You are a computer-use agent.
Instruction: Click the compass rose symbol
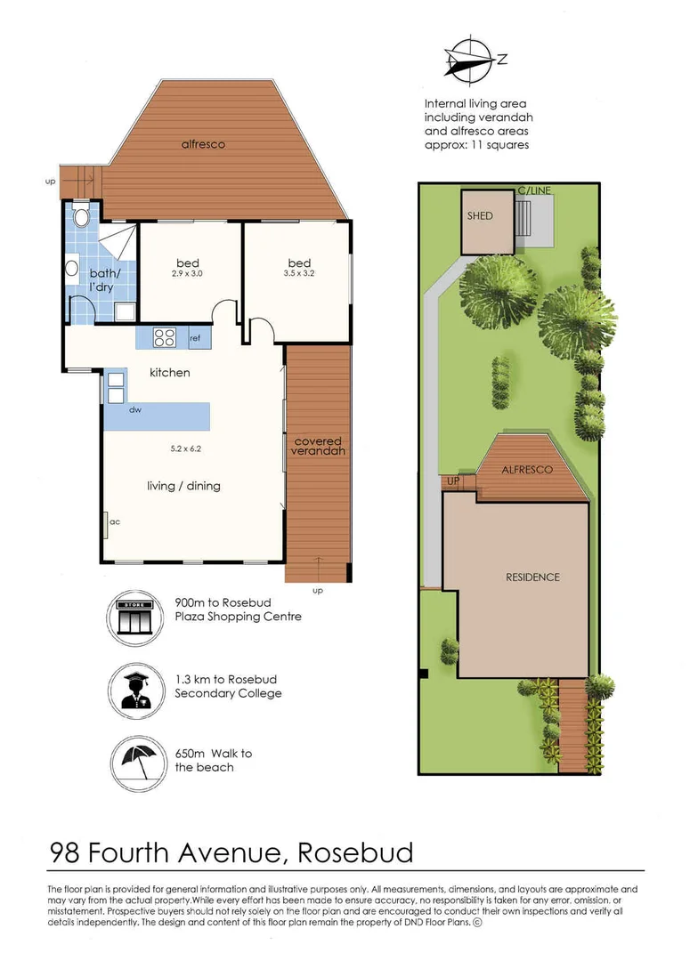(471, 60)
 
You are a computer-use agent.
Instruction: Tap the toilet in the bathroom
(80, 216)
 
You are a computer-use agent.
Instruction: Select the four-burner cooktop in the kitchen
(165, 338)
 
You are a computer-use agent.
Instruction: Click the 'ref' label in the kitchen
(195, 338)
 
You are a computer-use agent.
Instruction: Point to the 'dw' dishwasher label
(135, 409)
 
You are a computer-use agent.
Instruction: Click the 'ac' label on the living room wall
(115, 521)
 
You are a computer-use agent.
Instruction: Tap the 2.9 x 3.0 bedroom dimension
(187, 274)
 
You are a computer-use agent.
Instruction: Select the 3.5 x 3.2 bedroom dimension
(299, 273)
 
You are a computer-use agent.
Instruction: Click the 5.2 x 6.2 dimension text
(186, 448)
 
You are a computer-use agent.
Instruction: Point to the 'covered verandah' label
(318, 446)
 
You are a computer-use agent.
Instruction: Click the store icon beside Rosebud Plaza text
(135, 617)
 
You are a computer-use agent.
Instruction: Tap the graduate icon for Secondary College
(136, 690)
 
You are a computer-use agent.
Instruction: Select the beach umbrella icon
(139, 764)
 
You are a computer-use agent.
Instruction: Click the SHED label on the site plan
(480, 215)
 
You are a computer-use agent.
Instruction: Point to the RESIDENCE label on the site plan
(532, 577)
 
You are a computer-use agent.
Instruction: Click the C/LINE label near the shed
(534, 190)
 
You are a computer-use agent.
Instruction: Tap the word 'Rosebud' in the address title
(356, 852)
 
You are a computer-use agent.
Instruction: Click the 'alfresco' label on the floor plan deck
(203, 145)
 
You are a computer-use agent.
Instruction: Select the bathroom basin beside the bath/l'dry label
(72, 269)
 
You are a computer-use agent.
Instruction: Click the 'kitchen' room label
(170, 373)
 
